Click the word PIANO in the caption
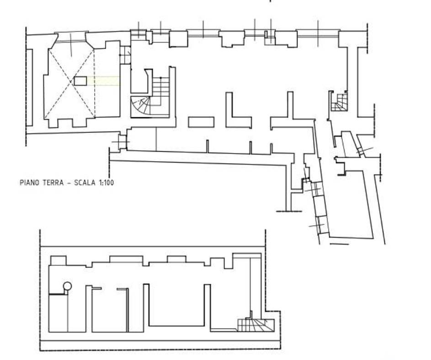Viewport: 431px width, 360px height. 29,183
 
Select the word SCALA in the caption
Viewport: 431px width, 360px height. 83,183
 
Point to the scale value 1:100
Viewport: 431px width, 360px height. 105,183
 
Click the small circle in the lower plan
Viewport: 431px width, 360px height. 67,286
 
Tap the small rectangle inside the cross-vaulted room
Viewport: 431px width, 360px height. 80,81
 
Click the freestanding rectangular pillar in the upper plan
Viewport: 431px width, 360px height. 201,122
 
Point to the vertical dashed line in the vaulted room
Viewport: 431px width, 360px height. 95,82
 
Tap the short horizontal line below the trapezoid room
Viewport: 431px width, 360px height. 339,244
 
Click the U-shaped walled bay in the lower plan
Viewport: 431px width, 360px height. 176,306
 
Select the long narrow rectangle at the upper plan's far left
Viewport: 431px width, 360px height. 29,87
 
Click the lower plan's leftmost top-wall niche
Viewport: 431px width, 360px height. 58,260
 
